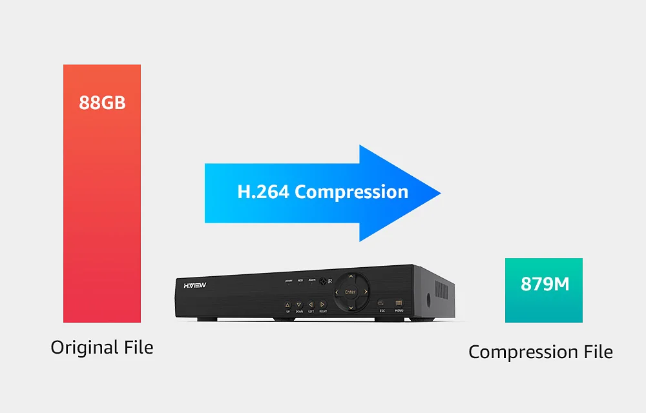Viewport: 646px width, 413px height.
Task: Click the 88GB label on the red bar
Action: [102, 103]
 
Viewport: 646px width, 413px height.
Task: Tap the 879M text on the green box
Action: [545, 284]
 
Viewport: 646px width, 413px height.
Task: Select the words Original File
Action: [102, 347]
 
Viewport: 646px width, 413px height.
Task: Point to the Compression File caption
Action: [540, 352]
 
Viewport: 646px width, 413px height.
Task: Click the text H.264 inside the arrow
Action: [263, 192]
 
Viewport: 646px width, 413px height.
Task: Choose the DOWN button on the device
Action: [298, 305]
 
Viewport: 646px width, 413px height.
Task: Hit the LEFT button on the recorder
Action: [310, 305]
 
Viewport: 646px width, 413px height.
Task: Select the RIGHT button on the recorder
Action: [322, 305]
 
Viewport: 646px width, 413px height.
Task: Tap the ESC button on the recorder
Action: [382, 303]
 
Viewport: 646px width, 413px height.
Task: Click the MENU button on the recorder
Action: [399, 303]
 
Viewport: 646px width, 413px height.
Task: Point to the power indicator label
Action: [289, 281]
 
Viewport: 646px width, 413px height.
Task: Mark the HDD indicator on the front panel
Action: [300, 281]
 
